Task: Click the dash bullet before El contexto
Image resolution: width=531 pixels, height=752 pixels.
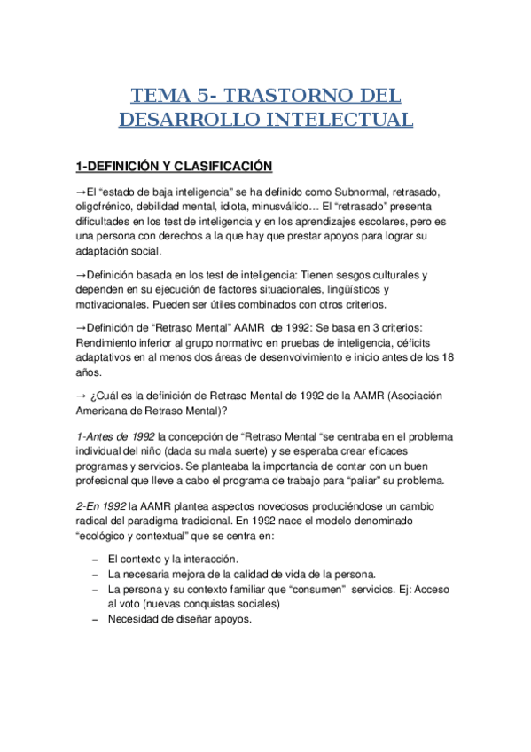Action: [x=95, y=560]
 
